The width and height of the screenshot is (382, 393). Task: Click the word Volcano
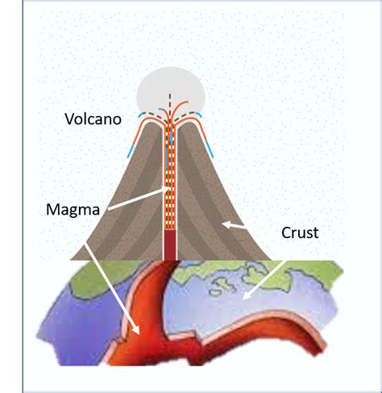tap(93, 119)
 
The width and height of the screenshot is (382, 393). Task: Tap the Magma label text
tap(73, 210)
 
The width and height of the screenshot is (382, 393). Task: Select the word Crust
tap(300, 232)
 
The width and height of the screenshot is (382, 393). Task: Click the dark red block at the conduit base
tap(170, 245)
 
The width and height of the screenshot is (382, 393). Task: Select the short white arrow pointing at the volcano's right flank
tap(235, 226)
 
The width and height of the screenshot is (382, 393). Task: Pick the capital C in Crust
tap(286, 233)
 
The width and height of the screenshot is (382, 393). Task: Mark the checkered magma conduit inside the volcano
tap(170, 178)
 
